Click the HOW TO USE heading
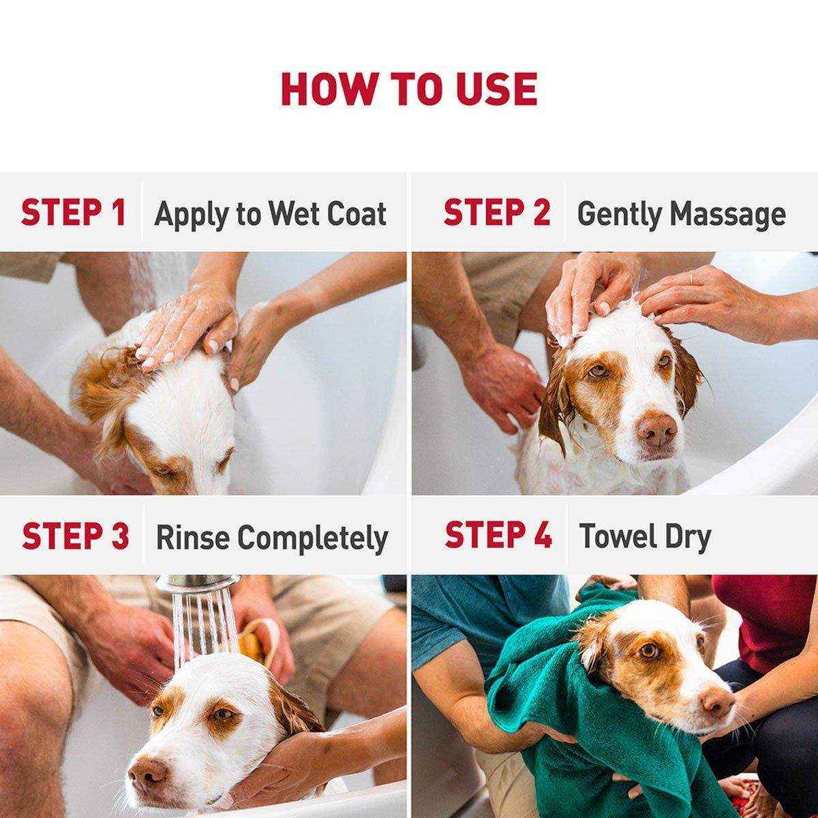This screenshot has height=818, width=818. click(409, 89)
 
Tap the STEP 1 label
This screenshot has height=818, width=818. click(74, 213)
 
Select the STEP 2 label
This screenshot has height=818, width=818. click(496, 213)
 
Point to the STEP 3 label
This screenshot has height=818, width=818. click(75, 536)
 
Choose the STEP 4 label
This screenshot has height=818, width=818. click(498, 535)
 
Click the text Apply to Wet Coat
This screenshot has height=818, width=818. click(271, 214)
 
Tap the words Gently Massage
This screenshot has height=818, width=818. click(681, 214)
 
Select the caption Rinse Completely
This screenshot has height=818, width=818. click(272, 538)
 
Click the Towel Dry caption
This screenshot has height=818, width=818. click(644, 536)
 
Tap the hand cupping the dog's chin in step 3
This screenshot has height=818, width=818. click(273, 757)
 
